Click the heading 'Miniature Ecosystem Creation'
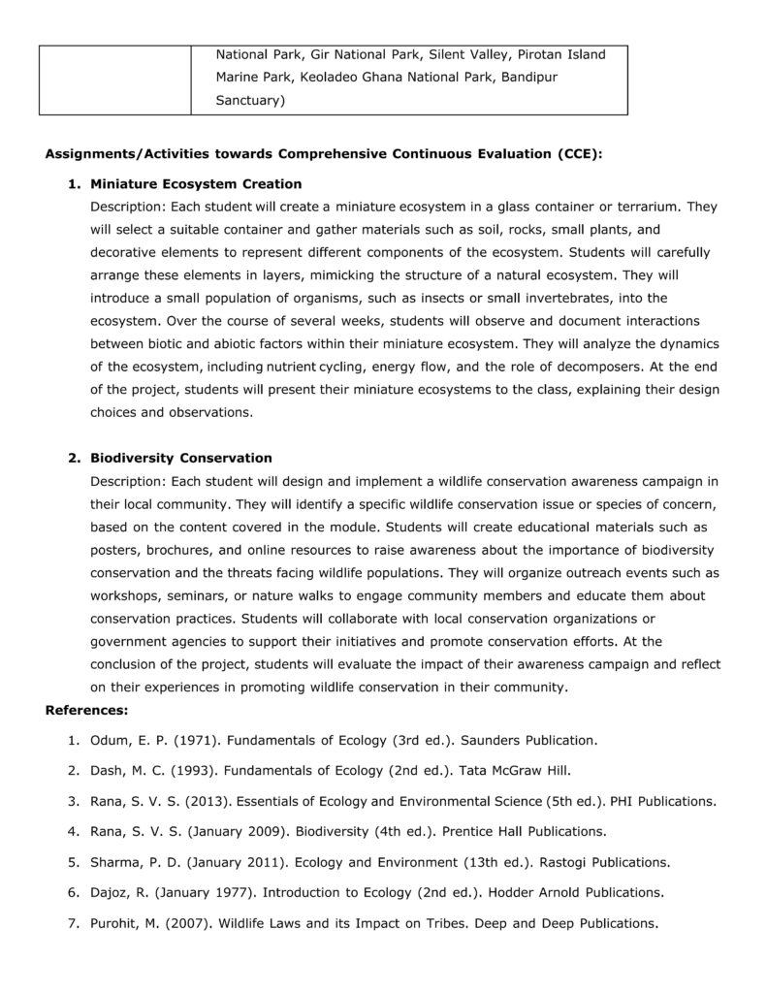pos(196,184)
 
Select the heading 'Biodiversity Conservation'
pos(181,458)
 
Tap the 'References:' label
pos(86,711)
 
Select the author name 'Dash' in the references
pos(109,772)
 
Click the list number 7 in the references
pos(73,923)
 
